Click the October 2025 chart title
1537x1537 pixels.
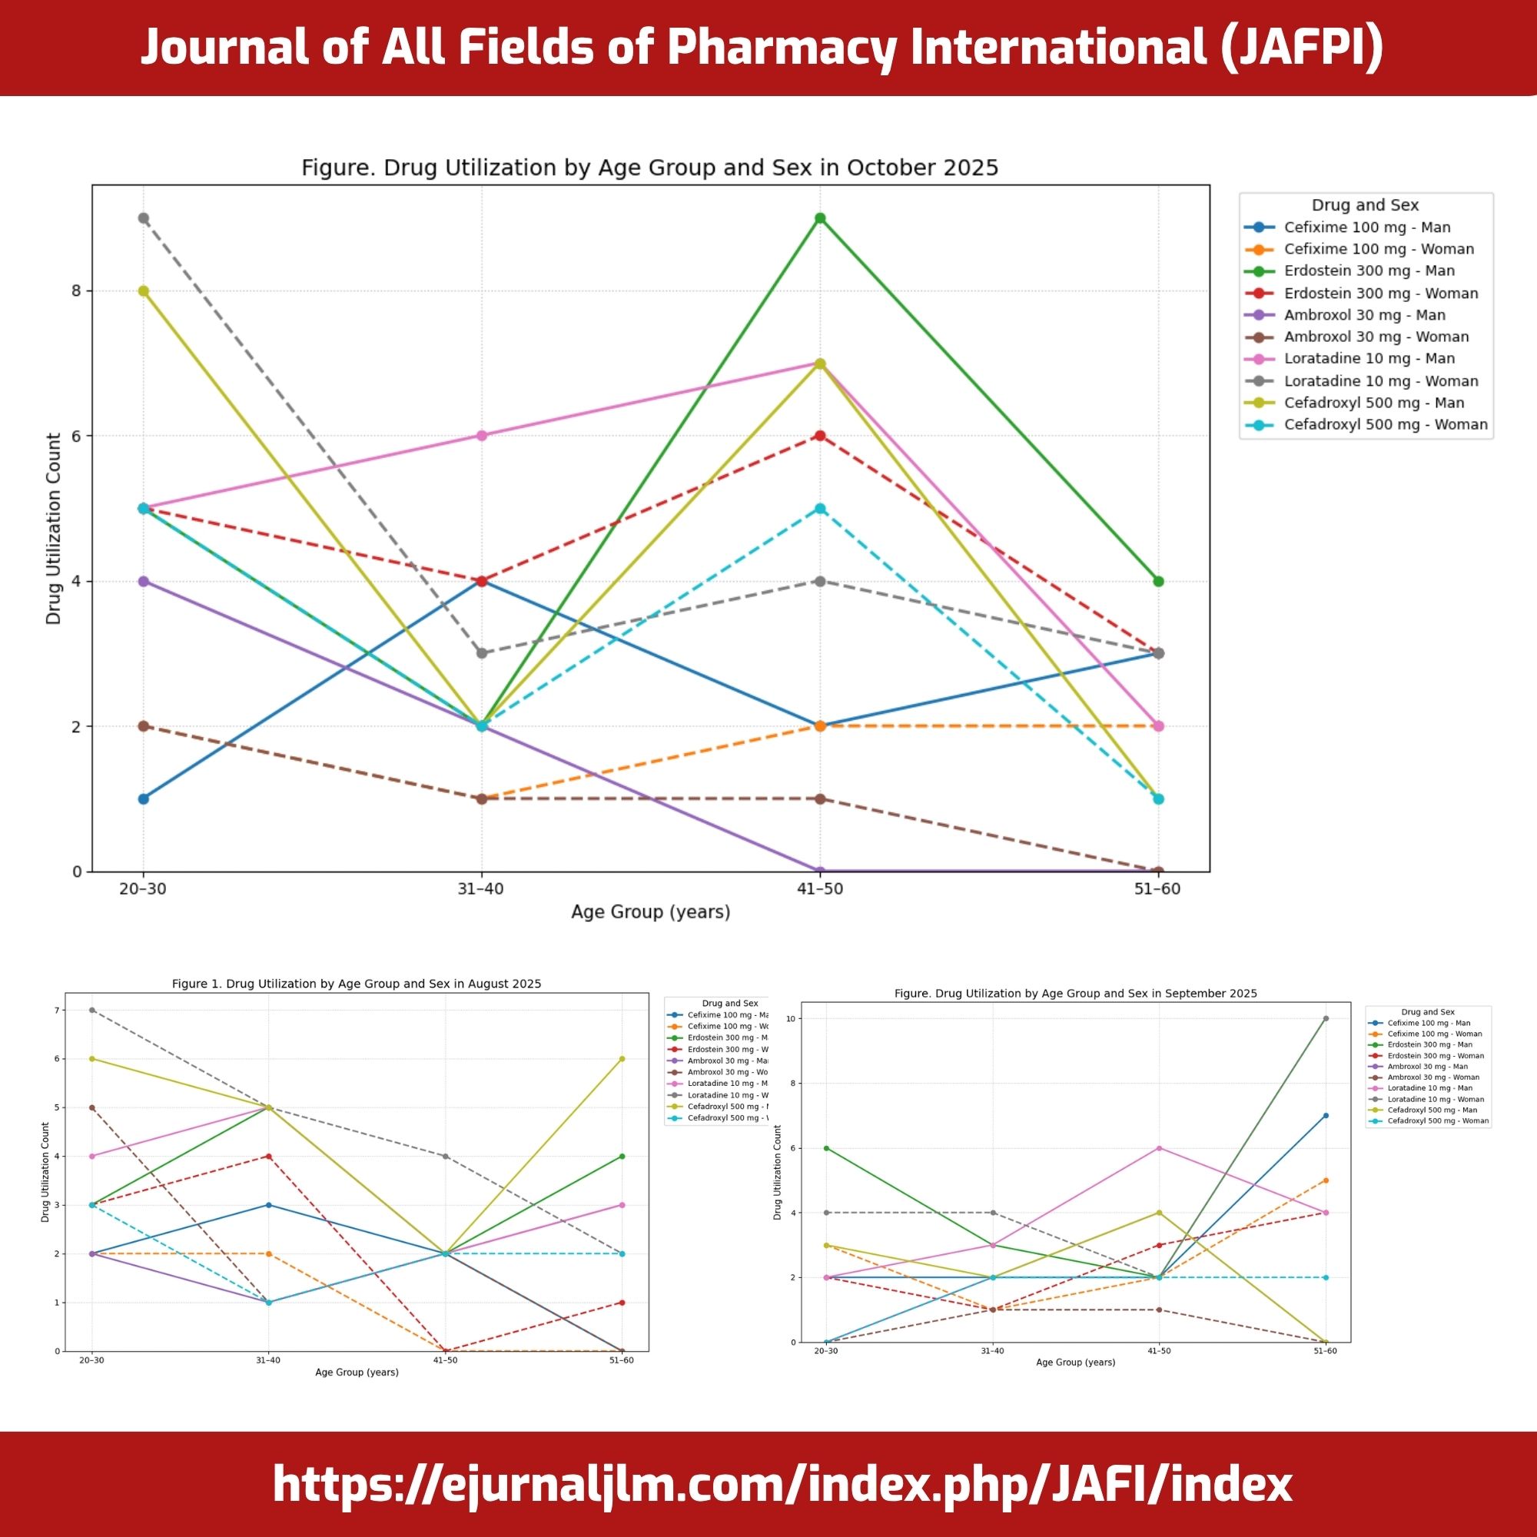(649, 168)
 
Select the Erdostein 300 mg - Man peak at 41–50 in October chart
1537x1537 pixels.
(819, 218)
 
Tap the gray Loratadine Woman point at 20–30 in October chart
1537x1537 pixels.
(143, 218)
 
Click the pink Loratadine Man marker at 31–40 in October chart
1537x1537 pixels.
(481, 435)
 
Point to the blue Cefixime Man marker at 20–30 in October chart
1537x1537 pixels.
(143, 798)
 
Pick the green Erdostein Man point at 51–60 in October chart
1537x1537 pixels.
(1158, 581)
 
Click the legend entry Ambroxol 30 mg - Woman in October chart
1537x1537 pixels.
(1376, 337)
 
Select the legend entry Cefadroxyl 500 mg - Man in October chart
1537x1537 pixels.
(1374, 403)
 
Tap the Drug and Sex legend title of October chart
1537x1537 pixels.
(1365, 205)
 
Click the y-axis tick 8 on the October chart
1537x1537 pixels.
(77, 290)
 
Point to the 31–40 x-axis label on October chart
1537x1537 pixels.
(480, 888)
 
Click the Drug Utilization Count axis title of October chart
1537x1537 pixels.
(53, 528)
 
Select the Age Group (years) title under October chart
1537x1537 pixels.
(650, 911)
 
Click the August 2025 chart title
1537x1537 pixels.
(357, 984)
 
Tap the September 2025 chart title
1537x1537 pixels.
(1076, 994)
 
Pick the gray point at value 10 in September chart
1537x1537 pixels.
(1326, 1018)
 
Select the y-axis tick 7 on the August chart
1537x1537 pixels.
(56, 1011)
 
